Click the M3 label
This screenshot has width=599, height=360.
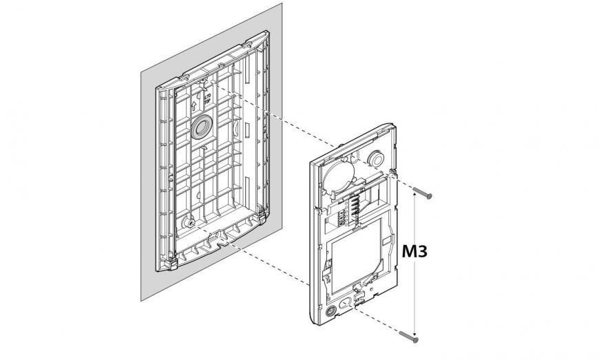(415, 252)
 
